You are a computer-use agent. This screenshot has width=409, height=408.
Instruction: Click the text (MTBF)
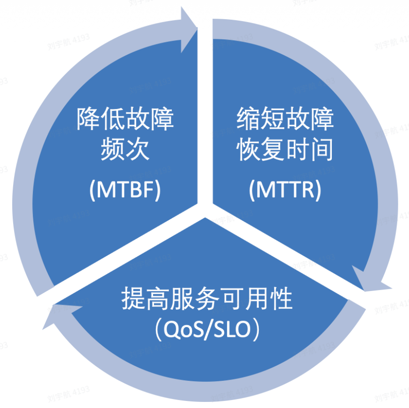click(x=125, y=189)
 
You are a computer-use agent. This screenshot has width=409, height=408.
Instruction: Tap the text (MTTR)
click(x=285, y=189)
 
